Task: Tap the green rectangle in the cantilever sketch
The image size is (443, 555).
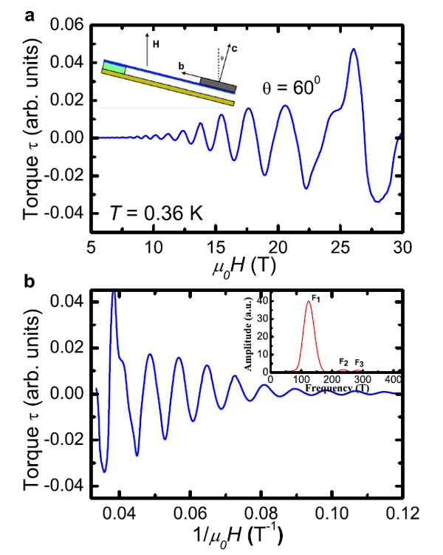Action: click(x=114, y=69)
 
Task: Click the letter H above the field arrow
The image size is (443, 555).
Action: click(x=157, y=44)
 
